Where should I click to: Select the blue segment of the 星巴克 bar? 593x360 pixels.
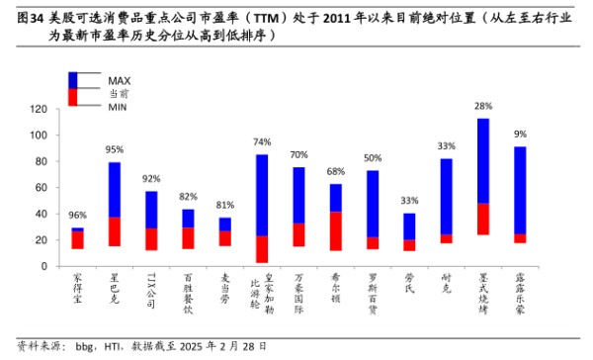coord(115,190)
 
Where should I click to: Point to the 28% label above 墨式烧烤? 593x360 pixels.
coord(483,106)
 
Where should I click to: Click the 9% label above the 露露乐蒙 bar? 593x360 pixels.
coord(520,134)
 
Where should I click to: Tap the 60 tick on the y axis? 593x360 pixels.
coord(42,188)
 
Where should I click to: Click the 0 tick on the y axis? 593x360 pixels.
coord(45,266)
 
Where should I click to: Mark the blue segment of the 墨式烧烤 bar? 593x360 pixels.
coord(483,161)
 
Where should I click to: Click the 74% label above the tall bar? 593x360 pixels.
coord(262,142)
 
